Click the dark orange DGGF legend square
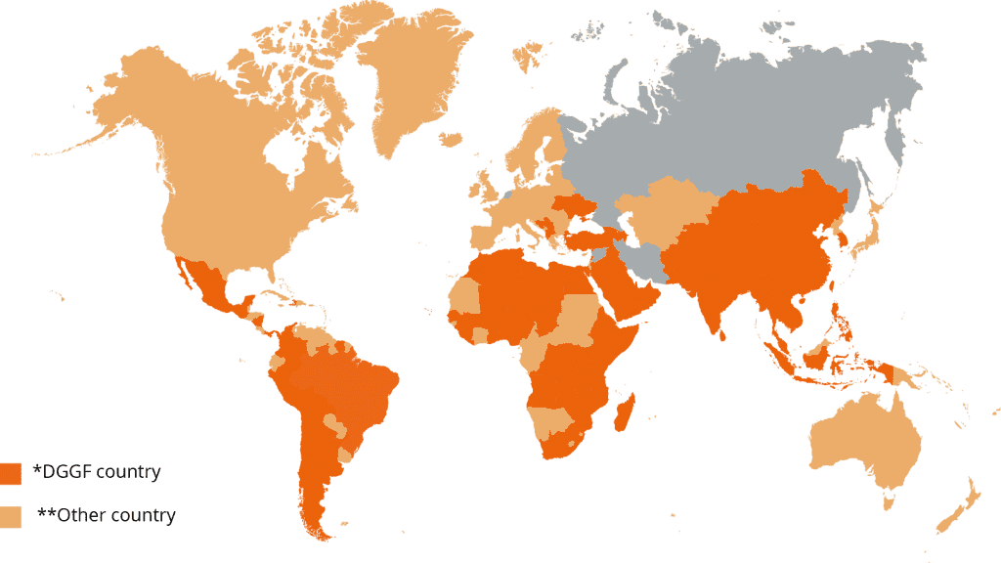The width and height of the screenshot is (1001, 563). pyautogui.click(x=12, y=474)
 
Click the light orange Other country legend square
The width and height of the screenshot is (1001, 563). pyautogui.click(x=12, y=517)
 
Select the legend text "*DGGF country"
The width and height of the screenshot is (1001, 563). pyautogui.click(x=97, y=472)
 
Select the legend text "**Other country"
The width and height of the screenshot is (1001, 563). pyautogui.click(x=107, y=515)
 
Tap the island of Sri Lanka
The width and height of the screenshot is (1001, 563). pyautogui.click(x=724, y=333)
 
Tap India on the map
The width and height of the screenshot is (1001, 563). pyautogui.click(x=709, y=288)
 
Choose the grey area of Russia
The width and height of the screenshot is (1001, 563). pyautogui.click(x=743, y=117)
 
